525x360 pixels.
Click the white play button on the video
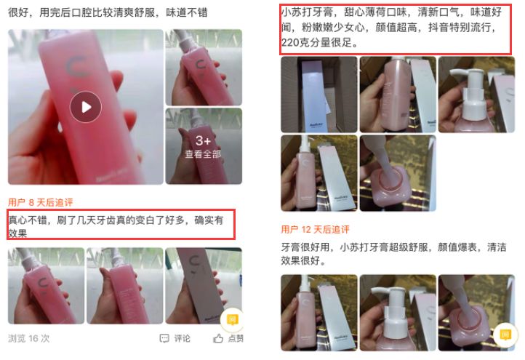[x=86, y=108]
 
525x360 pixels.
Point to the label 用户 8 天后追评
[x=41, y=201]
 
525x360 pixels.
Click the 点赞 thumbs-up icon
[x=218, y=338]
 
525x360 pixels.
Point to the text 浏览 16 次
[x=29, y=338]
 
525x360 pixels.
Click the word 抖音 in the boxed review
[x=425, y=28]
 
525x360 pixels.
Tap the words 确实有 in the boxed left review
[x=209, y=218]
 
